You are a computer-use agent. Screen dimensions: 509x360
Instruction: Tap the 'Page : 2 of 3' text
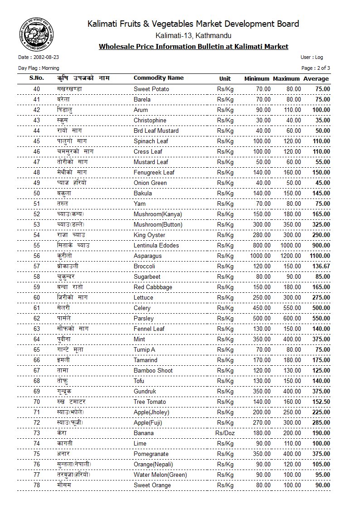pos(316,68)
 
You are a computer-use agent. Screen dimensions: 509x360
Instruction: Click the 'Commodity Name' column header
pos(159,78)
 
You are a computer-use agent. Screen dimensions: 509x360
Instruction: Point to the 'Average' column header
pos(316,79)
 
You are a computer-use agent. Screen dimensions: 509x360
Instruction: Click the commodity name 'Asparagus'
pos(147,256)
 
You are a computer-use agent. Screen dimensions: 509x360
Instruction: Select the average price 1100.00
pos(320,256)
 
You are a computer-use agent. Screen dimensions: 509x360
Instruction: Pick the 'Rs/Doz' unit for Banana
pos(225,433)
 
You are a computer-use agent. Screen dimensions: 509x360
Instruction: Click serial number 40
pos(37,89)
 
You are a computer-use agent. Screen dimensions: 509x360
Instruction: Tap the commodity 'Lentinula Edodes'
pos(156,246)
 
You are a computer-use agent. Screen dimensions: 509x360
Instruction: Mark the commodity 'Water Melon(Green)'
pos(160,475)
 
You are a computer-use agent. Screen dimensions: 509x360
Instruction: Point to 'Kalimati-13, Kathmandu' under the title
pos(193,35)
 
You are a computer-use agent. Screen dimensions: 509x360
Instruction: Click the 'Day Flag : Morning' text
pos(39,68)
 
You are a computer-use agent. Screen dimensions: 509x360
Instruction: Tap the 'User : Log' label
pos(311,58)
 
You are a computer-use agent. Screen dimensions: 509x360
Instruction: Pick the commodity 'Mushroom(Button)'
pos(158,225)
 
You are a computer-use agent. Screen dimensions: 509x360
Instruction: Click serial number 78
pos(37,485)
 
